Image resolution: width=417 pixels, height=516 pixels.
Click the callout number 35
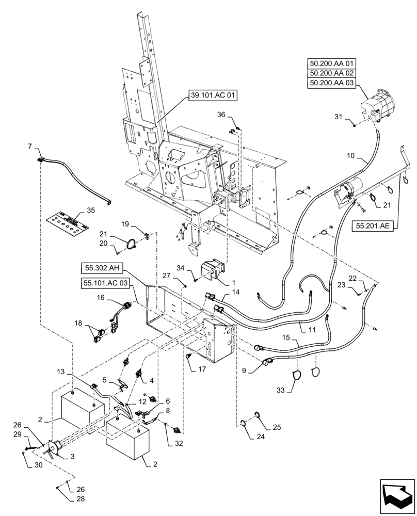tap(91, 210)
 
